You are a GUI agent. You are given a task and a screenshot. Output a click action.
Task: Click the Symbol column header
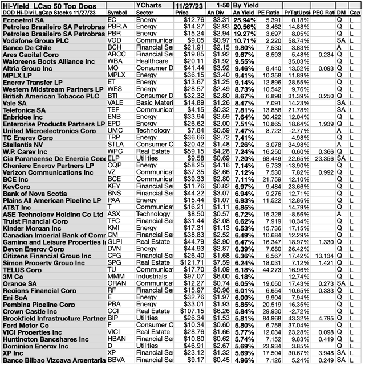(118, 11)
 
